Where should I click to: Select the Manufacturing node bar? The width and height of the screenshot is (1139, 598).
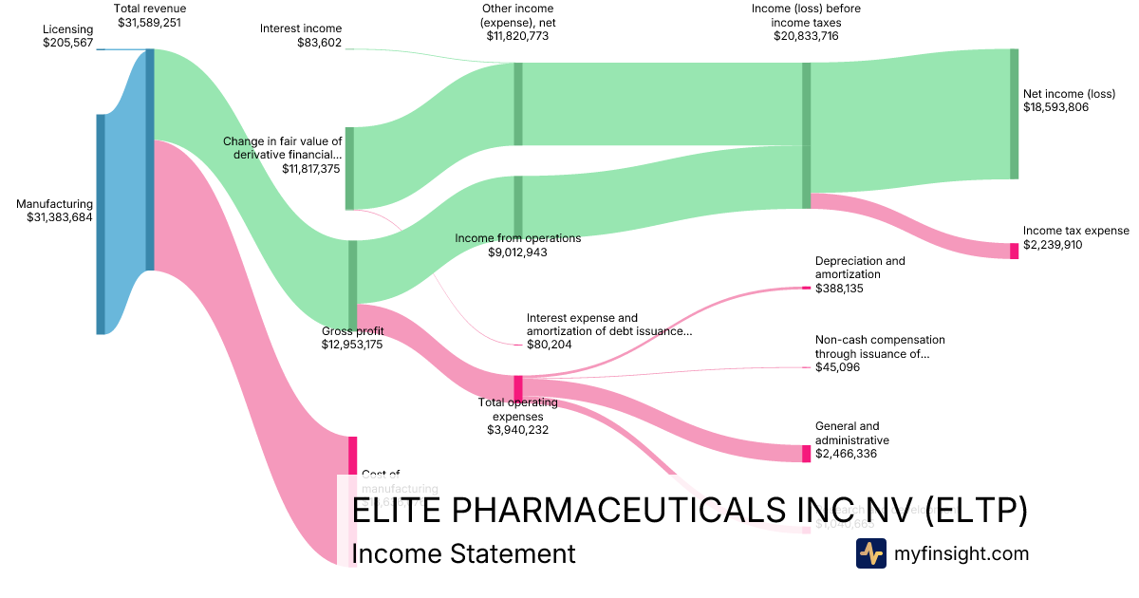(x=101, y=224)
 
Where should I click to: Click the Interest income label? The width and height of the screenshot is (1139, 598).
(x=301, y=28)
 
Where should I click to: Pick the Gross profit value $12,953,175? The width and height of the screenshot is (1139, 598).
(x=352, y=345)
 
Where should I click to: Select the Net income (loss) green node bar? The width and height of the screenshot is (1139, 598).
(x=1014, y=114)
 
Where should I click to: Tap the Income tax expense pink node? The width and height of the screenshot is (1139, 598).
(x=1014, y=251)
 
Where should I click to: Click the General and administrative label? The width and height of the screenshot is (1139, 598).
(x=852, y=433)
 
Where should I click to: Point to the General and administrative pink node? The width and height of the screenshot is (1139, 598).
(x=807, y=454)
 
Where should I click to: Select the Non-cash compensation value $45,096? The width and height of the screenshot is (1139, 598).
(x=837, y=366)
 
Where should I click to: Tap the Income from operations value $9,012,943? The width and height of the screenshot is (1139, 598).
(x=517, y=252)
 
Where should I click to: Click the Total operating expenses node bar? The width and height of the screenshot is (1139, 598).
(x=518, y=387)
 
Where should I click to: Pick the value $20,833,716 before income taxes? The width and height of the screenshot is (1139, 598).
(x=807, y=36)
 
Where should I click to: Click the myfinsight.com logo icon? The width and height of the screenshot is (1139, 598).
(x=870, y=553)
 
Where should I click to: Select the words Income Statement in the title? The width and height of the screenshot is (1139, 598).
(x=463, y=553)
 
